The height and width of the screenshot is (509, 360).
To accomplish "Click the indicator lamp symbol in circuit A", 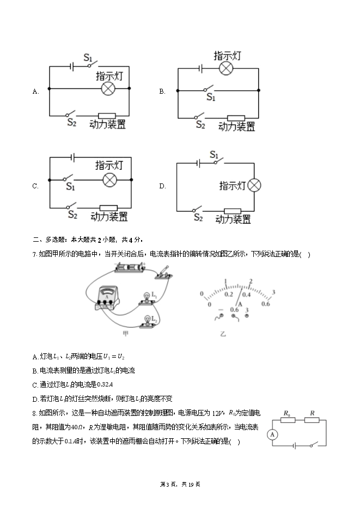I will [x=108, y=89].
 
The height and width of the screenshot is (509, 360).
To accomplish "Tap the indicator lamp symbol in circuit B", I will [x=227, y=68].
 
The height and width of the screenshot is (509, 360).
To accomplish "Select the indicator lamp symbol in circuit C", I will [x=111, y=180].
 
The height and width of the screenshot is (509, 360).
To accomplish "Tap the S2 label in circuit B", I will [x=200, y=125].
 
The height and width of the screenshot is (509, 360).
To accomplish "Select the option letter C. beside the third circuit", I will [x=35, y=186].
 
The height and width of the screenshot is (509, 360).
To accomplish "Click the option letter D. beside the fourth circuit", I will [x=162, y=186].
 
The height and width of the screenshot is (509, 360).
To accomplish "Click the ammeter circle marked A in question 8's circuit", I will [x=272, y=434].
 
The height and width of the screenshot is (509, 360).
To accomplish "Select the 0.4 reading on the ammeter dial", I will [x=247, y=295].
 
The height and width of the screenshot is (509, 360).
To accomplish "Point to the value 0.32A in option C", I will [x=95, y=384].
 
